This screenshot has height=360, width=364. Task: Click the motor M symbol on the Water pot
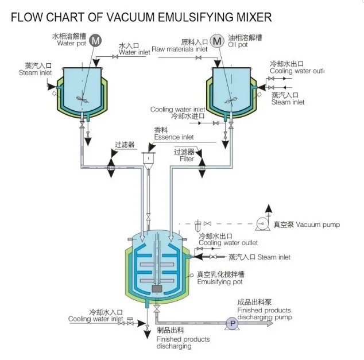pos(96,40)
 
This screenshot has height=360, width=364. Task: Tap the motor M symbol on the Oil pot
pos(217,41)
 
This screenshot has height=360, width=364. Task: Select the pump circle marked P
pos(233,324)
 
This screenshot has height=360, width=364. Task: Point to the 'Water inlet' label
pos(134,52)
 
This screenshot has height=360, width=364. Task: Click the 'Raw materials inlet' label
pos(180,49)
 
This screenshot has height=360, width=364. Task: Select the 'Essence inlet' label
pos(174,137)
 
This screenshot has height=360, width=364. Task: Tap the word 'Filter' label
pos(187,158)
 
